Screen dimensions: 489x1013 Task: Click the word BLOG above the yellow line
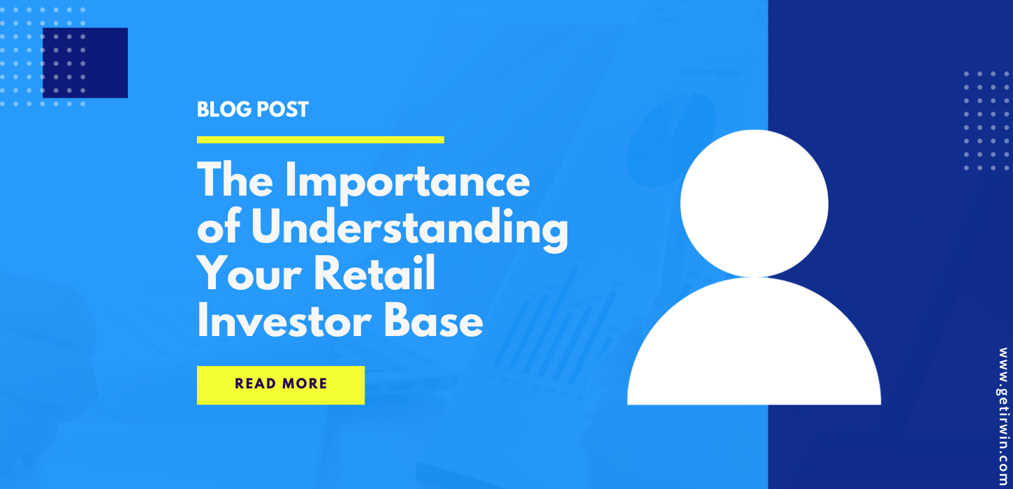(222, 110)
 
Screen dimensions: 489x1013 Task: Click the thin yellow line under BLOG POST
(320, 140)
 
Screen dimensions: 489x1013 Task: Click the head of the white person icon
(754, 203)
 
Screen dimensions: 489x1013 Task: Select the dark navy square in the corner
(85, 63)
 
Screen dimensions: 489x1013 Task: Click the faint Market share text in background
(709, 73)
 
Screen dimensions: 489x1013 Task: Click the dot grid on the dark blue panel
(988, 120)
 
